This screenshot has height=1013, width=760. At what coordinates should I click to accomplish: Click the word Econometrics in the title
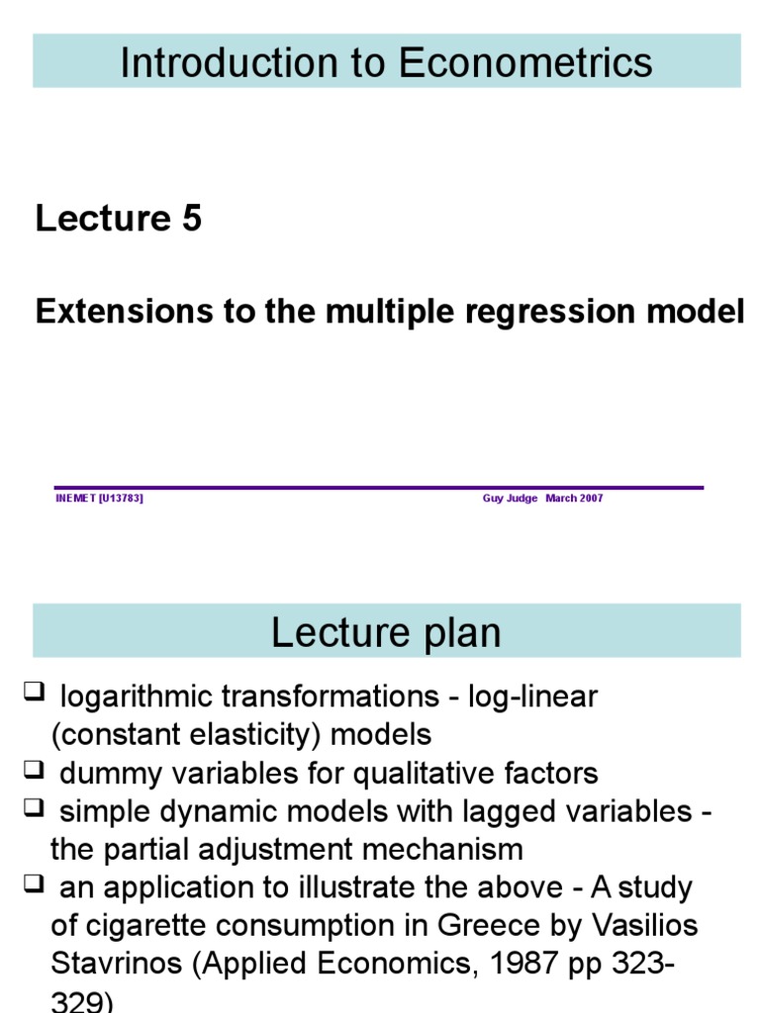525,62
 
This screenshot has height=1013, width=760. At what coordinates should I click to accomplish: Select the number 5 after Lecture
191,219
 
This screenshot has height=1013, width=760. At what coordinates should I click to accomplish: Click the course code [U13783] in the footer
121,499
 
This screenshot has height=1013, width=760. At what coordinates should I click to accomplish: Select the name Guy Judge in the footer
510,499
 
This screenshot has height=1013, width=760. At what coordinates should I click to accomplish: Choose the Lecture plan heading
386,632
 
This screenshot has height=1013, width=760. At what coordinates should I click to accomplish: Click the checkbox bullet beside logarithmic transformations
33,693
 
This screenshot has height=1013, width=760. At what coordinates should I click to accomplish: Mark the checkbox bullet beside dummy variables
33,771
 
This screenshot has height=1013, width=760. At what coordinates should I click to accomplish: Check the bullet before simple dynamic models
33,809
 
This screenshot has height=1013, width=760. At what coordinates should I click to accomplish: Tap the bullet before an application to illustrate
33,885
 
